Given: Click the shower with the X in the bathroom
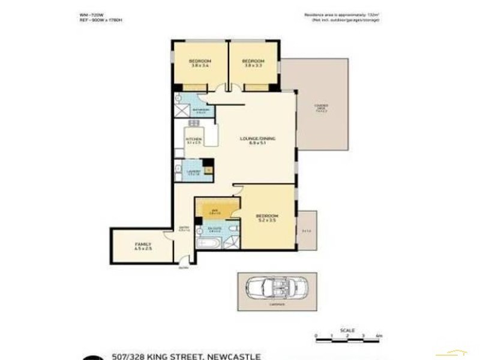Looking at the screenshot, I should pos(182,110).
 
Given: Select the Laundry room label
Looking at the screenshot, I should pos(193,172).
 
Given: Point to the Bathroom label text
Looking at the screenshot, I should pos(201,110).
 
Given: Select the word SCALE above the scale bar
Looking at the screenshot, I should pos(347,329).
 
